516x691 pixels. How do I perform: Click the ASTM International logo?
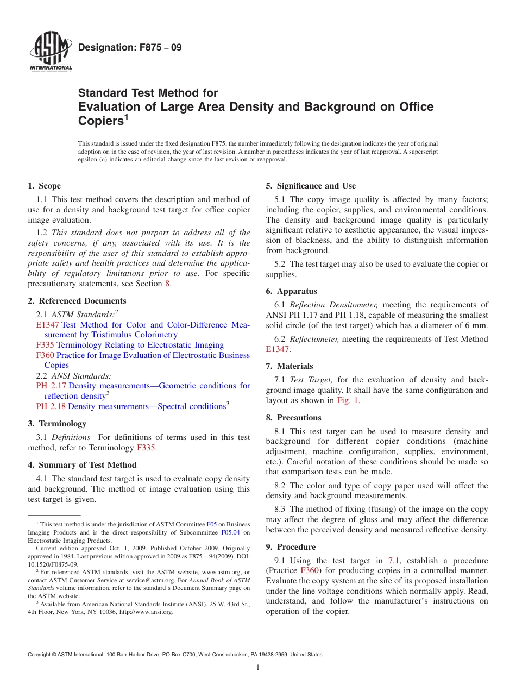pyautogui.click(x=51, y=53)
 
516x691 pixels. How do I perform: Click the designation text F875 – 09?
pyautogui.click(x=130, y=47)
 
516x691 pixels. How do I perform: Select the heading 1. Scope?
pyautogui.click(x=44, y=186)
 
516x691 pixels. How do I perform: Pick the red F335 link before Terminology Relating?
pyautogui.click(x=45, y=345)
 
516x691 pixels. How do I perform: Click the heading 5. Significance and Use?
pyautogui.click(x=311, y=186)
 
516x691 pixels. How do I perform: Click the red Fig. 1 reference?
pyautogui.click(x=348, y=400)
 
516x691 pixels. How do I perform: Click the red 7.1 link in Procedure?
pyautogui.click(x=394, y=561)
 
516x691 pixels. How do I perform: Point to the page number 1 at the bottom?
pyautogui.click(x=258, y=668)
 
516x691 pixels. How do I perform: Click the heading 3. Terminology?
pyautogui.click(x=57, y=424)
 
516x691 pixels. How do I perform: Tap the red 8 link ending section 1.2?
pyautogui.click(x=167, y=284)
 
